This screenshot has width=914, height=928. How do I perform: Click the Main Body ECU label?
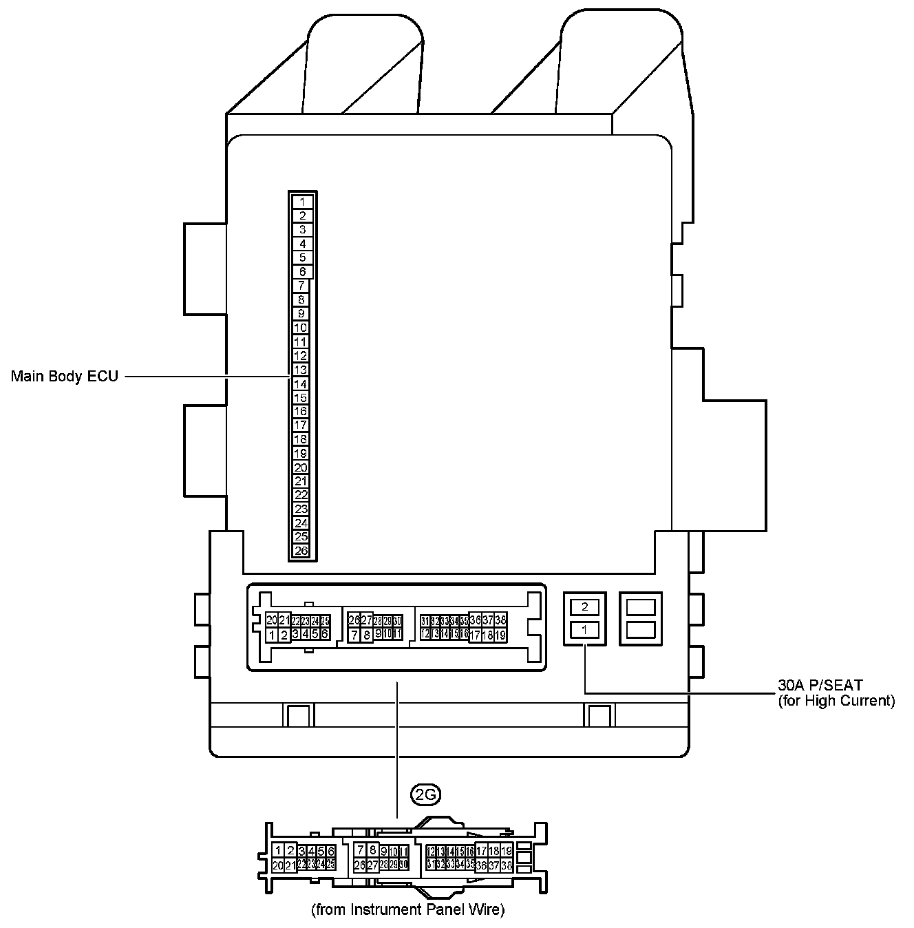point(64,377)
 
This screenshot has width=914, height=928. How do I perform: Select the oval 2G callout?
point(425,794)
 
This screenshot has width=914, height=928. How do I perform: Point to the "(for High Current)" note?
point(836,701)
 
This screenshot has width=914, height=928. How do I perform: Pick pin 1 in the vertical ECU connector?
point(303,202)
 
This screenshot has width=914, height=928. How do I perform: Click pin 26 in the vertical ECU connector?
point(301,551)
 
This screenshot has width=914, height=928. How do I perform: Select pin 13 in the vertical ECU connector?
point(301,370)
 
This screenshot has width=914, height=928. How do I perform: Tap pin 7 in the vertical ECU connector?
point(301,286)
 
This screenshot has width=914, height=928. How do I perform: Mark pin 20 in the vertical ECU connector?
point(301,467)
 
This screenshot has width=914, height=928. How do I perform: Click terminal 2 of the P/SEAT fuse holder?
point(585,607)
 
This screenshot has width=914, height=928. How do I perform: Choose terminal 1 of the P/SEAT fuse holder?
point(585,629)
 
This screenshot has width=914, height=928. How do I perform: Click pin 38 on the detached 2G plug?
point(507,865)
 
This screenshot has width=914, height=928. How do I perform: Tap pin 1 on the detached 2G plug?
point(278,851)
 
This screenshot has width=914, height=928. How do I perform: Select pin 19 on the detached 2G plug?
point(507,851)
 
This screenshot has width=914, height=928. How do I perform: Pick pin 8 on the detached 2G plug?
point(372,850)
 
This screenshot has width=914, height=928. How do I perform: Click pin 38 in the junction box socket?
point(500,620)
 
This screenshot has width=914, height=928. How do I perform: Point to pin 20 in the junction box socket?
point(272,620)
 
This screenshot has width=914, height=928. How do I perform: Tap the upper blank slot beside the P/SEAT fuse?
point(641,607)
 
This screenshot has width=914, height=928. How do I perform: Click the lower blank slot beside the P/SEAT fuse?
point(641,629)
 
